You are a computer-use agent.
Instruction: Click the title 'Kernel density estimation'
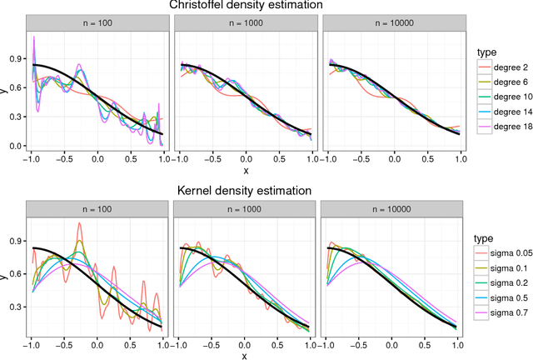coord(244,191)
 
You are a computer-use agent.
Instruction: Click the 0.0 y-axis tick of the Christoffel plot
coord(15,146)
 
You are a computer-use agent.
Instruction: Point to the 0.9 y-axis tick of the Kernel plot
coord(15,240)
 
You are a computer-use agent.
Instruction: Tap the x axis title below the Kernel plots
coord(244,355)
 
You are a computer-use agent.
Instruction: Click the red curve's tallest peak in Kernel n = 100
coord(79,223)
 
